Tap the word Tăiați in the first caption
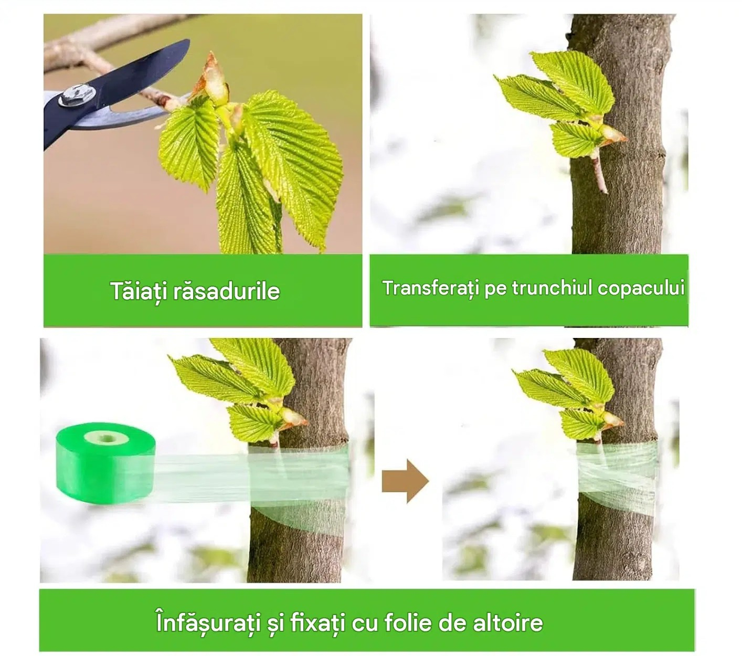(139, 292)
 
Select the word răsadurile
(226, 292)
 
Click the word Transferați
(431, 288)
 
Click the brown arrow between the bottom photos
(405, 481)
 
